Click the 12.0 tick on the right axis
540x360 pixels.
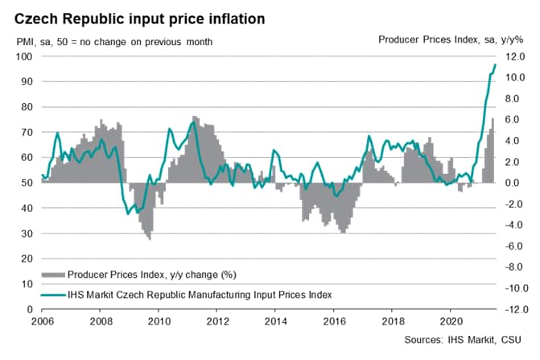coord(516,56)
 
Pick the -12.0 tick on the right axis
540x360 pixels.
coord(514,309)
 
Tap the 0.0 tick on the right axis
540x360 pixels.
coord(516,183)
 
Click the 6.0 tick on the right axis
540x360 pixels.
coord(516,119)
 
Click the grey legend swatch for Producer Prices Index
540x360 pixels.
coord(52,275)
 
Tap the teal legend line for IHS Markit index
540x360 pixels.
coord(52,295)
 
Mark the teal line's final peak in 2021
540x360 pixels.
coord(495,64)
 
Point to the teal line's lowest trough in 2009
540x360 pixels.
coord(128,213)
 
